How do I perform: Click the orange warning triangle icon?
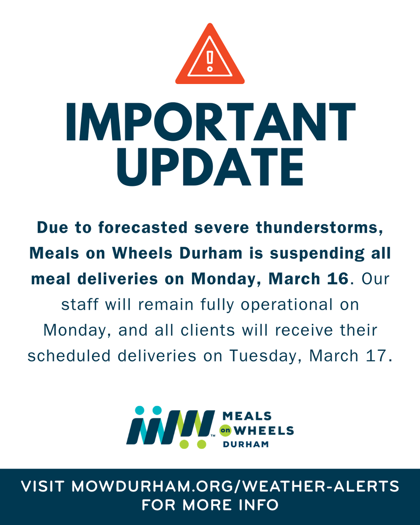coord(210,57)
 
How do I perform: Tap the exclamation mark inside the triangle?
coord(210,61)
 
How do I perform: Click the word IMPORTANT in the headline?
coord(210,122)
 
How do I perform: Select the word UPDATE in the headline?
coord(210,167)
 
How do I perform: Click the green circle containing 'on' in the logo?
coord(225,430)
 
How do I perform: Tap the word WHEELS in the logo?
coord(264,430)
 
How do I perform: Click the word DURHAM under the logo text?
coord(245,444)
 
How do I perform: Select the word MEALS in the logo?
coord(247,416)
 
